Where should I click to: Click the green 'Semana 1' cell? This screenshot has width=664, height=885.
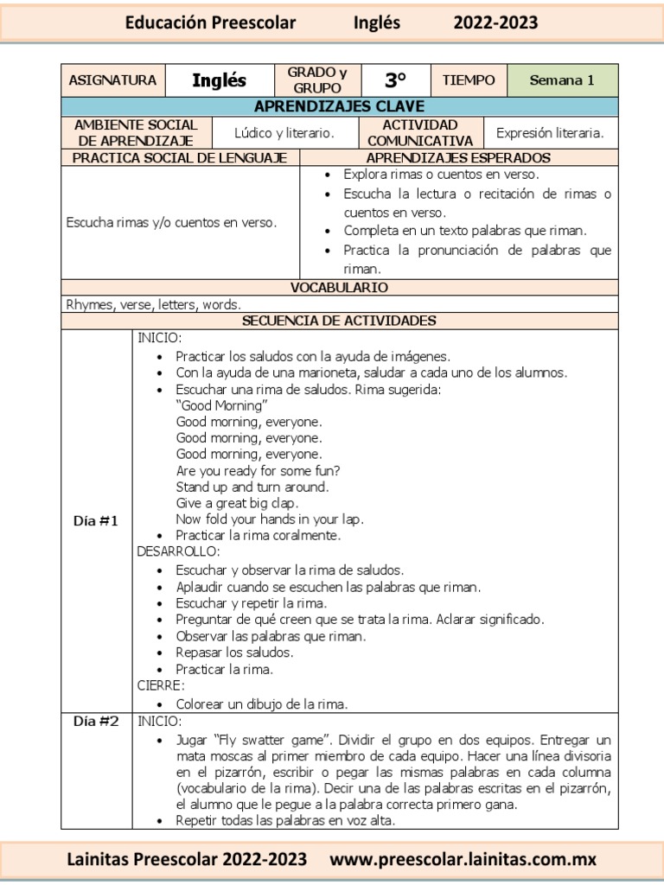562,80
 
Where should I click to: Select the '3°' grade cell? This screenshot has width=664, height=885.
395,80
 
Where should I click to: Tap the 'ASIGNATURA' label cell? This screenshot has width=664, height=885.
112,80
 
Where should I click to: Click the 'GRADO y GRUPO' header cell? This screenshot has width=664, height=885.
317,80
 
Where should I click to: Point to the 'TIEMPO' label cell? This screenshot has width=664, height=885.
469,80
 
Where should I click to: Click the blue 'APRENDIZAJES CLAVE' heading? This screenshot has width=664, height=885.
339,106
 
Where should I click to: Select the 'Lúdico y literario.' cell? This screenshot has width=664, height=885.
284,133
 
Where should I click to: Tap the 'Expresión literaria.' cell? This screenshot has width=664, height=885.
550,133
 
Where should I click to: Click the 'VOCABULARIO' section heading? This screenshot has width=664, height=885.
339,287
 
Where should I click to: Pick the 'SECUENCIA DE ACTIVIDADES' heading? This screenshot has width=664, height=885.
339,321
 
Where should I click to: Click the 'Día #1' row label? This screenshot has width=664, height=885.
95,521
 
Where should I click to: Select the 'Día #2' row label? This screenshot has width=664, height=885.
95,721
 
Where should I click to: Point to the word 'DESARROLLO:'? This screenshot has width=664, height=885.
179,551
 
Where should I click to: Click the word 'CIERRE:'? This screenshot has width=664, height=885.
161,685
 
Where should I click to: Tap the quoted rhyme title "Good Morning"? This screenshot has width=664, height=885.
221,405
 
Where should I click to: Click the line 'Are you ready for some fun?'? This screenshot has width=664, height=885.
258,471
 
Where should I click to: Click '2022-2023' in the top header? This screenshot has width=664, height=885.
495,23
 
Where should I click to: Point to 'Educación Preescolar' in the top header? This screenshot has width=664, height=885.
210,23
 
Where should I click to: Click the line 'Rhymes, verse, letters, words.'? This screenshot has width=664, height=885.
154,304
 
